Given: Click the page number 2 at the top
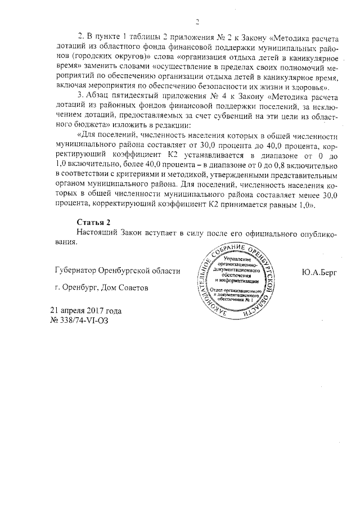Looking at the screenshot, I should tap(197, 23).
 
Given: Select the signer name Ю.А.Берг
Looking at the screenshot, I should tap(318, 272).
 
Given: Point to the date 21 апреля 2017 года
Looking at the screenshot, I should tap(85, 310).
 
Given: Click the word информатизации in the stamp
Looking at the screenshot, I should tap(241, 280).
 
